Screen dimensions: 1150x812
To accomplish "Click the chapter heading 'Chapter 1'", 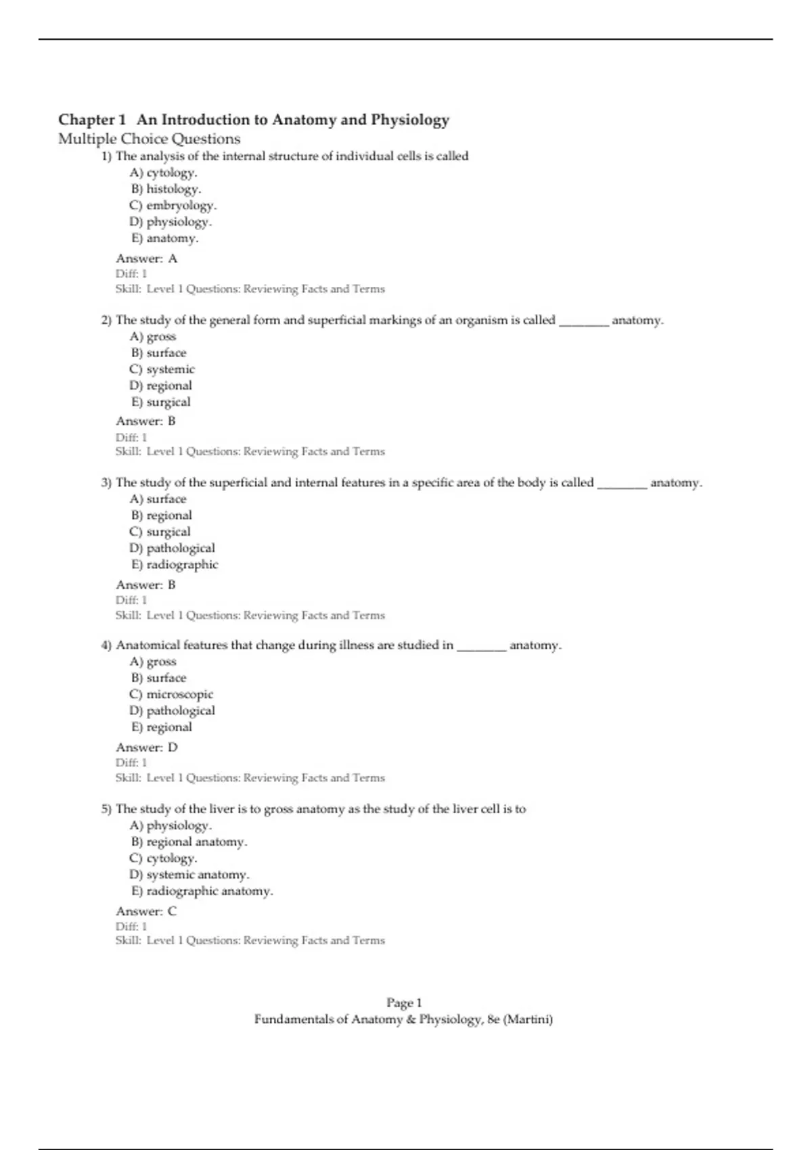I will pyautogui.click(x=92, y=120).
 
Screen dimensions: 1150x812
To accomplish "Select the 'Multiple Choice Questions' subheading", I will pyautogui.click(x=149, y=139).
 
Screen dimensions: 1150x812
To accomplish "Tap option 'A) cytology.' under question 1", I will pyautogui.click(x=163, y=172).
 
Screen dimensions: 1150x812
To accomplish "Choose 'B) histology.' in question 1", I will pyautogui.click(x=166, y=189).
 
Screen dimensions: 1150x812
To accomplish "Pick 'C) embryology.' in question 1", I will pyautogui.click(x=173, y=205).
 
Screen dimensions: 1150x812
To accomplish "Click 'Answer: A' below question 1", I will pyautogui.click(x=146, y=258).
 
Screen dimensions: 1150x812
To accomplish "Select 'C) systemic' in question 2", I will pyautogui.click(x=162, y=369).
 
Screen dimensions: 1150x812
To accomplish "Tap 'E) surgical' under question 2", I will pyautogui.click(x=160, y=402).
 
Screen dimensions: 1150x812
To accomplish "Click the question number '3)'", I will pyautogui.click(x=106, y=483).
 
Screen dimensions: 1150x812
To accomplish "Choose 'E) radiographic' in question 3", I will pyautogui.click(x=174, y=564).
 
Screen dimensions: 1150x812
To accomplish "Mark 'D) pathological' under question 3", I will pyautogui.click(x=172, y=548).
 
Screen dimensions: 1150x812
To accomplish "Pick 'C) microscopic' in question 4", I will pyautogui.click(x=171, y=694).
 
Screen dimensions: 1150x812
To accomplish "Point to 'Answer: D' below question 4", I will pyautogui.click(x=147, y=747).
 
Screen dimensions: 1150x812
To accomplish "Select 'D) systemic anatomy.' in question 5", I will pyautogui.click(x=189, y=875).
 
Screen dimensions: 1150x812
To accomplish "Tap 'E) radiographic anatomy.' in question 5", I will pyautogui.click(x=201, y=891).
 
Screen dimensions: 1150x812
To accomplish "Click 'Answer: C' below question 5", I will pyautogui.click(x=146, y=911).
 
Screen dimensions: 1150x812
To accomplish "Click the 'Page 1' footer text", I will pyautogui.click(x=404, y=1003).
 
